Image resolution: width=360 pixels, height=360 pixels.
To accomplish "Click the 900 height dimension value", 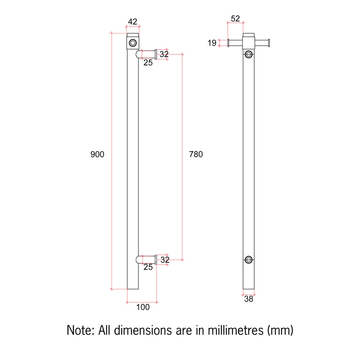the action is point(97,155).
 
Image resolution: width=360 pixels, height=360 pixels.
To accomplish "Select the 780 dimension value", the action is point(196,154).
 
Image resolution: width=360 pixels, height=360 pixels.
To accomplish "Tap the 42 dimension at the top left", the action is point(133,22).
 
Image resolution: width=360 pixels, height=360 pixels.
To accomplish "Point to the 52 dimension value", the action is point(235,19).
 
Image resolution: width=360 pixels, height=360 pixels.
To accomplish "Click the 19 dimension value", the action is point(212,43).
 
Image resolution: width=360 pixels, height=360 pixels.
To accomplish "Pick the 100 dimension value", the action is point(143,307).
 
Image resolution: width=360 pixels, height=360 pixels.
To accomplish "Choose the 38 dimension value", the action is point(249,299).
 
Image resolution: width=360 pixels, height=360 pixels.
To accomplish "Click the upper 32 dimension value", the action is point(164,54).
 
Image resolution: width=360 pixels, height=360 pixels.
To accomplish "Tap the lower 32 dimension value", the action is point(165,260).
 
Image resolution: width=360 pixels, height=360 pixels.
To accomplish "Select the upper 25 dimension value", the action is point(148,63).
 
